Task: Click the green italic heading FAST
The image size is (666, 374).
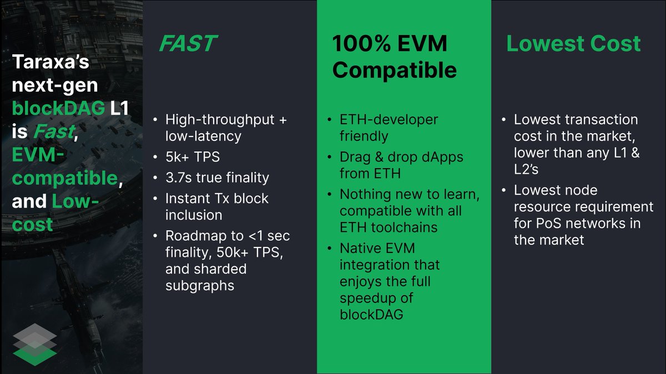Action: (x=188, y=44)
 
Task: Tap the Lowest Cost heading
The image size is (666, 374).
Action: (x=573, y=44)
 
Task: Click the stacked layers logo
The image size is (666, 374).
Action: (x=34, y=344)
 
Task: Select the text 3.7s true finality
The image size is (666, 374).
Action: (x=217, y=178)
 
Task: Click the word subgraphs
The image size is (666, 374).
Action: (x=200, y=285)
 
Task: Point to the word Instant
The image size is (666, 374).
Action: (x=189, y=198)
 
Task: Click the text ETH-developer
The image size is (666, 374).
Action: (x=389, y=119)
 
